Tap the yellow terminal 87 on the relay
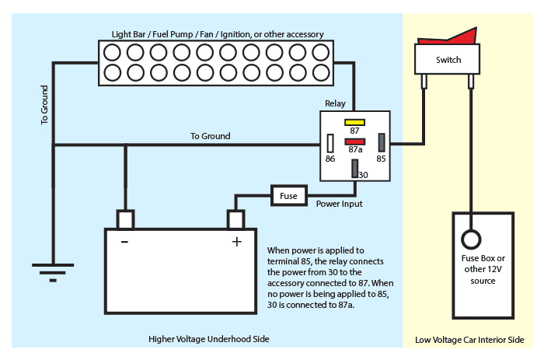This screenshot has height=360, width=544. pyautogui.click(x=355, y=122)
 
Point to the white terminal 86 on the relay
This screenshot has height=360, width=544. pyautogui.click(x=330, y=143)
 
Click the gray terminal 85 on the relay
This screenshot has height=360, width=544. pyautogui.click(x=381, y=143)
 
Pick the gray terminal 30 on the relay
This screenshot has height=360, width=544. pyautogui.click(x=354, y=167)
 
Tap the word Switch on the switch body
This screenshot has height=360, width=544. pyautogui.click(x=448, y=60)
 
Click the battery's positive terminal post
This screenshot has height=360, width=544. pyautogui.click(x=236, y=219)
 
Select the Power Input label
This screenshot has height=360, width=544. pyautogui.click(x=340, y=204)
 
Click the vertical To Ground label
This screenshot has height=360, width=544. pyautogui.click(x=45, y=105)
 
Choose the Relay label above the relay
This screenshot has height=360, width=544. pyautogui.click(x=335, y=103)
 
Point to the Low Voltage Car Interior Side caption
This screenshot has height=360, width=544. pyautogui.click(x=469, y=340)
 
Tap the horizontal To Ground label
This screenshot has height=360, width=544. pyautogui.click(x=210, y=136)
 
